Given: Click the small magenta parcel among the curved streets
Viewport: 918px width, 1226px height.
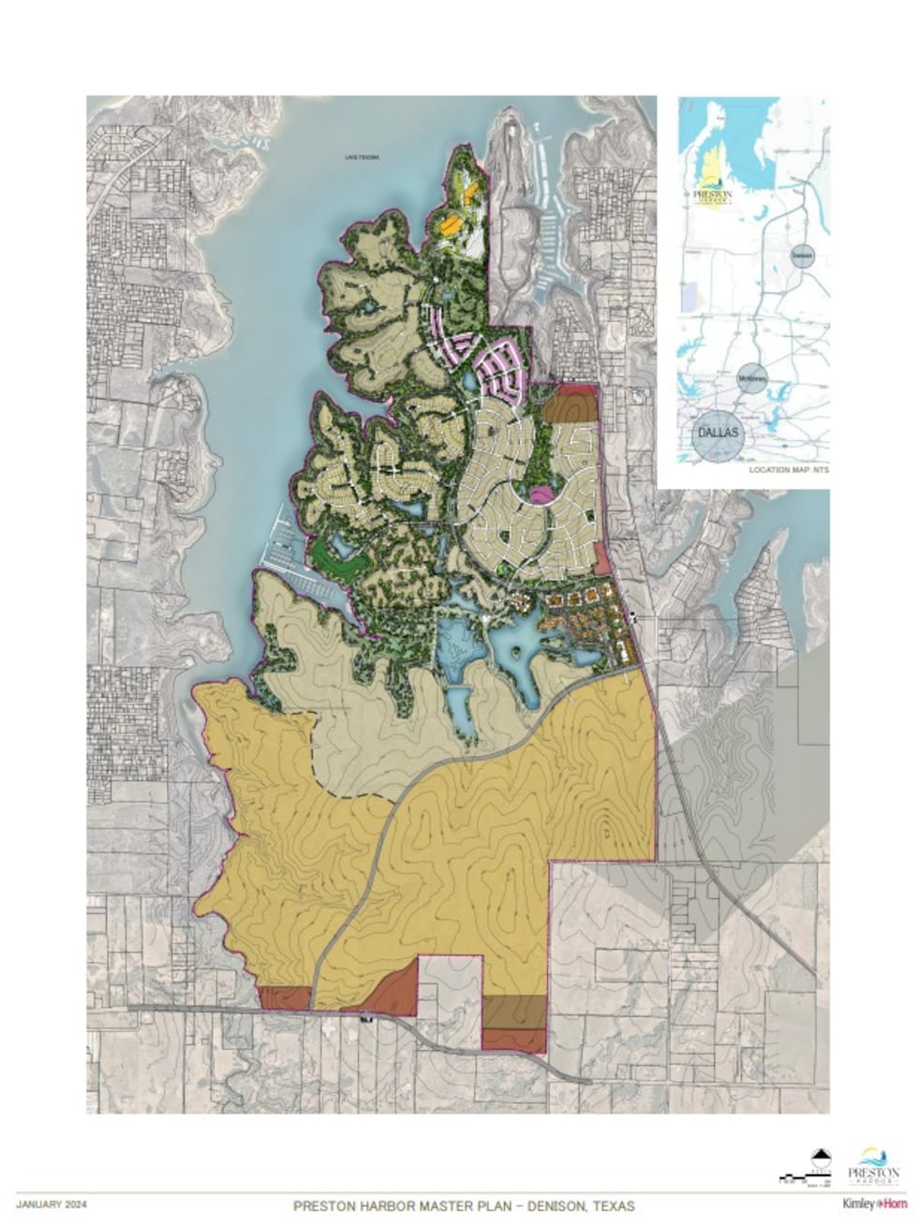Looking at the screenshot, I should [x=540, y=493].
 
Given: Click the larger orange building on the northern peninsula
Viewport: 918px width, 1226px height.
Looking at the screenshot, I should [x=451, y=225].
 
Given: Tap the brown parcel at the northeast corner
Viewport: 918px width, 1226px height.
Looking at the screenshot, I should [x=570, y=407].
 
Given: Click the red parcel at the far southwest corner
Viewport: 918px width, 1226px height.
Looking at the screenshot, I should [x=283, y=998].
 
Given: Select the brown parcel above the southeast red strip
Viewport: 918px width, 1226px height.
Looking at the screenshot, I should [x=513, y=1012].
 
